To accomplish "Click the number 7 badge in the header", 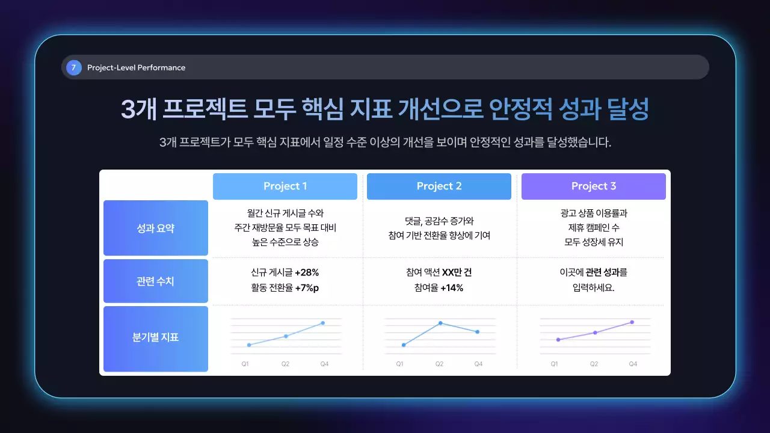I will coord(73,67).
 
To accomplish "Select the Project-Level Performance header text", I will coord(136,67).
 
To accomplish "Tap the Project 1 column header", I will coord(285,186).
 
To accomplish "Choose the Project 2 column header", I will coord(439,186).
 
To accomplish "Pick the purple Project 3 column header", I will coord(594,186).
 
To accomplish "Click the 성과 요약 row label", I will coord(156,228).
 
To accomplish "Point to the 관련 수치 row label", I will coord(156,281).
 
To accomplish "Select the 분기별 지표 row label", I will coord(156,337).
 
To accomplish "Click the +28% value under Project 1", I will coord(307,272).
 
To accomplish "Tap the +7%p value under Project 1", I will coord(307,288).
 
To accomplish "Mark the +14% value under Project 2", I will coord(452,288).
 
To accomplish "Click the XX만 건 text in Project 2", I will coord(457,272).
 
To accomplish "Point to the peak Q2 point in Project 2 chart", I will coord(440,323).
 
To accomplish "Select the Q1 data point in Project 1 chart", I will coord(248,345).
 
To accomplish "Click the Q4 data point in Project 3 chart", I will coord(632,322).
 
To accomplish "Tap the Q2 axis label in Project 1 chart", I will coord(285,364).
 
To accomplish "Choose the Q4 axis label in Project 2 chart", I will coord(478,364).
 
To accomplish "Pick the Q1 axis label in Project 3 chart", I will coord(554,364).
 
